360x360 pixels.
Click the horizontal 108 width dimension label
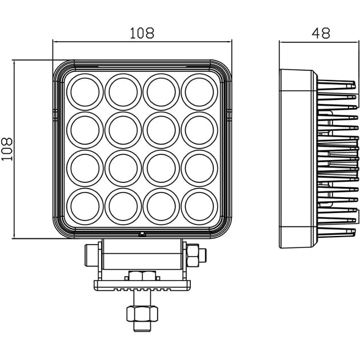(142, 33)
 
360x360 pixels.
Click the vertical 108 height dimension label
(7, 149)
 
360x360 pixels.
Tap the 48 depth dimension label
(321, 33)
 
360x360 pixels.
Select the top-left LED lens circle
(85, 92)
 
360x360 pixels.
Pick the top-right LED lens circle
(199, 92)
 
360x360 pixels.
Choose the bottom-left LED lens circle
(85, 206)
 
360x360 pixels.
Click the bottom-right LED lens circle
(199, 206)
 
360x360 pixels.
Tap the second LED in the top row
(123, 92)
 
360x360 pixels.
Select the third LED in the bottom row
(161, 206)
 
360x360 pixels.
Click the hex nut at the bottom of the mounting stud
(142, 314)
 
